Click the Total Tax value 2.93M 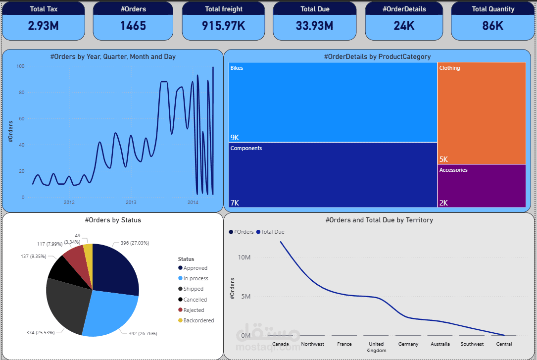(x=44, y=26)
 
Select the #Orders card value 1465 (x=133, y=26)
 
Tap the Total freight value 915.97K (x=224, y=26)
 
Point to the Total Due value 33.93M (x=315, y=26)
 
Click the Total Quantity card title (x=493, y=9)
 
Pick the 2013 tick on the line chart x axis (x=131, y=203)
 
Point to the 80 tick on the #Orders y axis (x=21, y=92)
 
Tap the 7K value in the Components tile (x=235, y=203)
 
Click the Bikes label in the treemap (x=237, y=68)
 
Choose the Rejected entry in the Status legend (x=194, y=310)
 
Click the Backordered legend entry (x=198, y=320)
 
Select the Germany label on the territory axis (x=408, y=344)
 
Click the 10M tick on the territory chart (x=244, y=257)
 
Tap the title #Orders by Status (x=113, y=220)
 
